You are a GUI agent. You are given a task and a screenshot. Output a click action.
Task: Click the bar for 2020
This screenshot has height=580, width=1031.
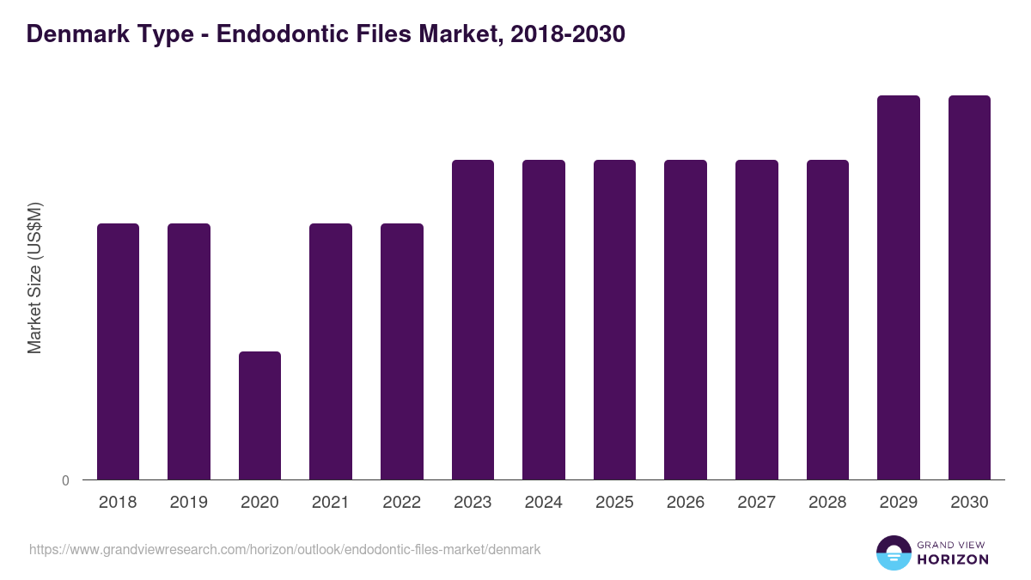(x=259, y=415)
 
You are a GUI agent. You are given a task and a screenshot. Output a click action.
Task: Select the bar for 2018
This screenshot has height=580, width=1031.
(x=118, y=351)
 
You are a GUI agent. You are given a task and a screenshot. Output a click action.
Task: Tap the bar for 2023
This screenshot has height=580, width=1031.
(x=473, y=320)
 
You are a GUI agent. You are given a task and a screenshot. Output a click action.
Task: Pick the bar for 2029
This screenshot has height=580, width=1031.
(x=898, y=287)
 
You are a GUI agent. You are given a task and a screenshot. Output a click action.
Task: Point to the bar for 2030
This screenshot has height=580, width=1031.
(x=969, y=287)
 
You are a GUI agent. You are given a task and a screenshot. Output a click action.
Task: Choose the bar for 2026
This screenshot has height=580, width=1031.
(x=686, y=320)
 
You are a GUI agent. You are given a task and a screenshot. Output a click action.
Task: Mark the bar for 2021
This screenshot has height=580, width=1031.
(x=331, y=351)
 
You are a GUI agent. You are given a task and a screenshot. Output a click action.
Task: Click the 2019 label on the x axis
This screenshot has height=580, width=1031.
(x=188, y=503)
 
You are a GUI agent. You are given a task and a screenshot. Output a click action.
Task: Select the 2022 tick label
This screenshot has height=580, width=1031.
(x=401, y=503)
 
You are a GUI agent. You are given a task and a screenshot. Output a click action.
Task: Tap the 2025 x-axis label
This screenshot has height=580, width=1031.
(x=614, y=503)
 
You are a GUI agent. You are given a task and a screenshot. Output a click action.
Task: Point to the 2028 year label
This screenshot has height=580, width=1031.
(x=827, y=503)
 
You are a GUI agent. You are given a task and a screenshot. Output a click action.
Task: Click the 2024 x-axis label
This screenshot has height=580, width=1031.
(x=543, y=503)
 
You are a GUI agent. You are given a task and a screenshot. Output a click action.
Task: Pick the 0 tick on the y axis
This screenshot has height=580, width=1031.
(x=66, y=480)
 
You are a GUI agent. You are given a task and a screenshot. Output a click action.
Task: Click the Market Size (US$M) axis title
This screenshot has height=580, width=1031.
(x=34, y=278)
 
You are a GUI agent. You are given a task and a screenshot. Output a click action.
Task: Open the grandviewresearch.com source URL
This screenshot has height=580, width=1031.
(x=284, y=549)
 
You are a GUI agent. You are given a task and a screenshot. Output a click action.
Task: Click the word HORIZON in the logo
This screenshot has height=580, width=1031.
(x=953, y=559)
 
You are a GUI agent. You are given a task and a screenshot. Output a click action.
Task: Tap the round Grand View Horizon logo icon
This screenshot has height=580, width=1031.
(x=893, y=553)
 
